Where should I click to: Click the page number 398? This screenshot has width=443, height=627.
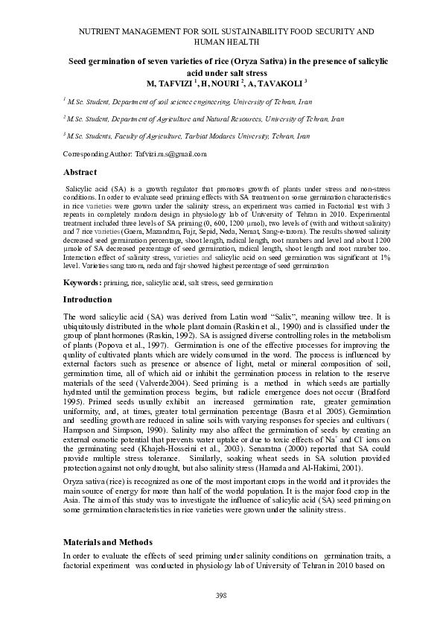tap(220, 595)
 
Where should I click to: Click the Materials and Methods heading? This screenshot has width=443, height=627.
tap(108, 541)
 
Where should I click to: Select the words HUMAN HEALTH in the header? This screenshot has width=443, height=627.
tap(220, 44)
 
